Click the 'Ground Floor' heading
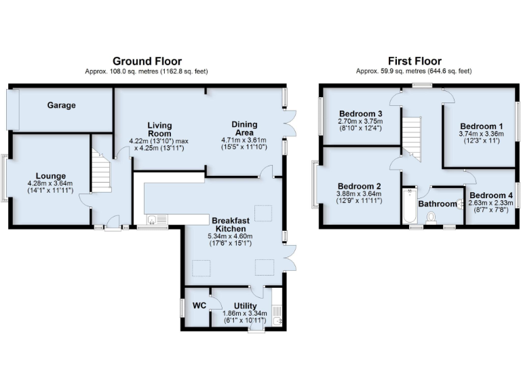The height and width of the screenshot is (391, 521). click(147, 61)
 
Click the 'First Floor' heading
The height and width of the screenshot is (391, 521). click(415, 61)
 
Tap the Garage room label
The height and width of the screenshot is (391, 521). click(61, 106)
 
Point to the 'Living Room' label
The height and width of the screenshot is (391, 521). click(160, 130)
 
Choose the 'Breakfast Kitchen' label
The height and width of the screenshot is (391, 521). click(234, 225)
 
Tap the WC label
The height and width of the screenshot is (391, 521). click(199, 306)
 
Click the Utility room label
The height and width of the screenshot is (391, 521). click(245, 306)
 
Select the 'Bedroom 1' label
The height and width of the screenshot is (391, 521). click(482, 126)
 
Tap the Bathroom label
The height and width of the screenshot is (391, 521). click(438, 204)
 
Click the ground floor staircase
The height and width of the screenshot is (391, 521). click(101, 173)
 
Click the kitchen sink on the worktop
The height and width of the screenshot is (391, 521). click(151, 219)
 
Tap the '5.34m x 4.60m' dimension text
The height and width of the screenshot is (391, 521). click(234, 237)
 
